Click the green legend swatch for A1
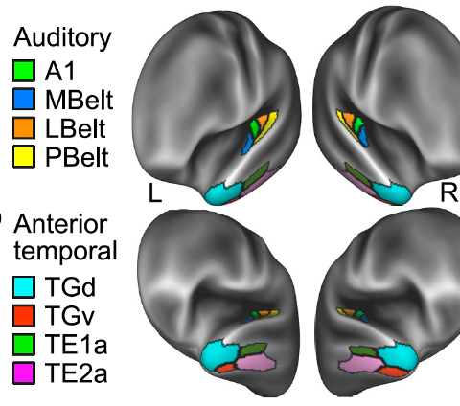[24, 71]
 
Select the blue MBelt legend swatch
[24, 100]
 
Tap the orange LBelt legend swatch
[24, 127]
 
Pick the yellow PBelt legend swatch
[24, 156]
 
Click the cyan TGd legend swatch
[24, 287]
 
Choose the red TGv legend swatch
[24, 316]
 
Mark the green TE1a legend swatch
[24, 344]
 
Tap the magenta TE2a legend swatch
[24, 372]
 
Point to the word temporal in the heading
[65, 251]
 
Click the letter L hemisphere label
[155, 192]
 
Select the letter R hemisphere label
[448, 192]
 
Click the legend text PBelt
[77, 157]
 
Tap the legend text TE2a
[76, 372]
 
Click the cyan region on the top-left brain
[222, 192]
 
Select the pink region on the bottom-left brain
[256, 363]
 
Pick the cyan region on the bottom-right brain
[398, 354]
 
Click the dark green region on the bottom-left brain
[253, 350]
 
